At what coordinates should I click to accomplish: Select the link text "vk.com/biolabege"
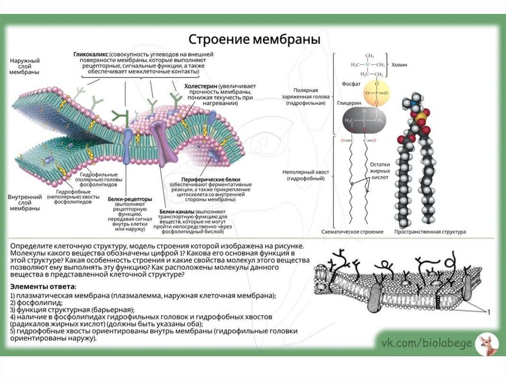pos(426,343)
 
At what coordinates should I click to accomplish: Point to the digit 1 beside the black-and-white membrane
pos(489,312)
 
